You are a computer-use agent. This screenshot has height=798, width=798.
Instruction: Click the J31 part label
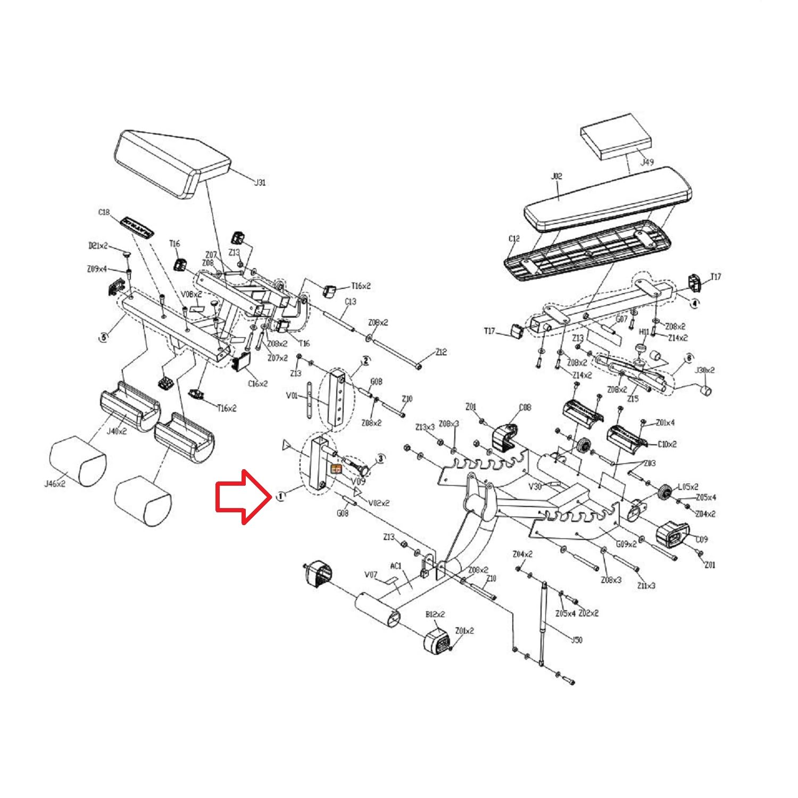(x=260, y=182)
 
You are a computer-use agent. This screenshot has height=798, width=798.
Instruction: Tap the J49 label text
(x=647, y=162)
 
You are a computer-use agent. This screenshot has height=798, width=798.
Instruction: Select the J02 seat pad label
(x=556, y=176)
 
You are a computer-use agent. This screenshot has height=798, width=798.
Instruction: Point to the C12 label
(x=514, y=239)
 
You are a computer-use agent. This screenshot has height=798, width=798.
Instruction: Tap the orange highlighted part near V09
(x=336, y=469)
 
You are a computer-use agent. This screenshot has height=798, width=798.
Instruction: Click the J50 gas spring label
(x=576, y=639)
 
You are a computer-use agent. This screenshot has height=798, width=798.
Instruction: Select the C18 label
(x=104, y=212)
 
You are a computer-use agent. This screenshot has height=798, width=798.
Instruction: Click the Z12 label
(x=441, y=352)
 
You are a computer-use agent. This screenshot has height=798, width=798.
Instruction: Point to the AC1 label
(x=396, y=566)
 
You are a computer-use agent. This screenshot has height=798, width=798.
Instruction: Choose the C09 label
(x=702, y=539)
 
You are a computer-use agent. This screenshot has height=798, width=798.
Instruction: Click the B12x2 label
(x=435, y=614)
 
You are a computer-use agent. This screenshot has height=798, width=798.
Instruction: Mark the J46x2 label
(x=54, y=484)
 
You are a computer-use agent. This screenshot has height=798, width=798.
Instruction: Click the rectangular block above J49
(x=616, y=136)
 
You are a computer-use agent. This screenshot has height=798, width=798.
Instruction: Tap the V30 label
(x=535, y=486)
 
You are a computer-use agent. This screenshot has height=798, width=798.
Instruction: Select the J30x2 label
(x=705, y=370)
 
